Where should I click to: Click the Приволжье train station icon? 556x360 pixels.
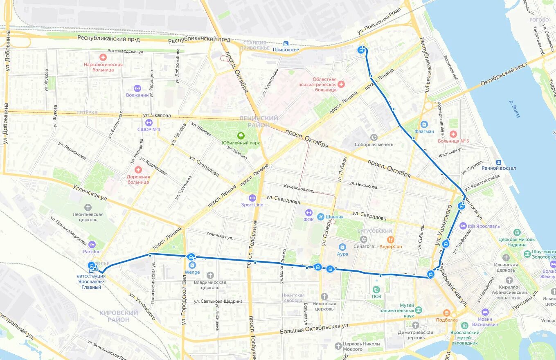pos(286,43)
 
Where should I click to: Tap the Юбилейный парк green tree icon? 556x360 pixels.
pos(241,136)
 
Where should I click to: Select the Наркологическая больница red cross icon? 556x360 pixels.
pos(103,58)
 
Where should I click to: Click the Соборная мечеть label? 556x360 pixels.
pos(380,144)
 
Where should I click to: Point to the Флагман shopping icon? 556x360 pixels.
pos(424,124)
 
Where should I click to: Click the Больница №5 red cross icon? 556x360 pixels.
pos(453,134)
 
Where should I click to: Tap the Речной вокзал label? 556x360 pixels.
pos(499,168)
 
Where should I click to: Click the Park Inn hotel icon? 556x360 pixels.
pos(92,244)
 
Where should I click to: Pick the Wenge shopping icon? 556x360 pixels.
pos(192,265)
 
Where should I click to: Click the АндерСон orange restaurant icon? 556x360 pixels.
pos(391,240)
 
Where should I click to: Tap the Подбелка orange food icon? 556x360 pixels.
pos(446,313)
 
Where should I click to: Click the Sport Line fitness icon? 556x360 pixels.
pos(252,198)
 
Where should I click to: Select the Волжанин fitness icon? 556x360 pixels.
pos(137,88)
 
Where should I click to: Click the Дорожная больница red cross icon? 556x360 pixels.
pos(138,170)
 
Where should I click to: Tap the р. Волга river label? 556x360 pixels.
pos(514,109)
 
